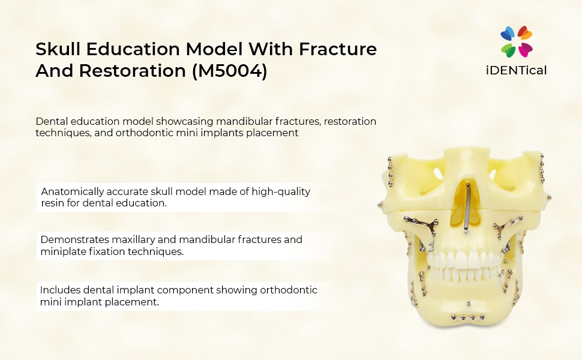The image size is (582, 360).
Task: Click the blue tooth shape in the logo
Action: coord(508,34)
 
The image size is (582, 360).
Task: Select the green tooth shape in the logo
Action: coord(508,50)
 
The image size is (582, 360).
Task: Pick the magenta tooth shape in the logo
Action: coord(525,50)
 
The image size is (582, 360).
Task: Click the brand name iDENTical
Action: coord(516,70)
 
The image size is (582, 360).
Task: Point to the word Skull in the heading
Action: coord(58,49)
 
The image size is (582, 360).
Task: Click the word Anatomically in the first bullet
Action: coord(73,191)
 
